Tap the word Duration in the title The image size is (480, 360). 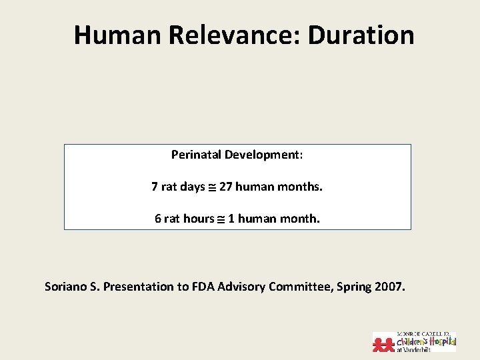pos(361,35)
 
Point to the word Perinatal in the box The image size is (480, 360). pos(196,155)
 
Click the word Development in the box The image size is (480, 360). pos(263,155)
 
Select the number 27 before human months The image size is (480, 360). pos(225,187)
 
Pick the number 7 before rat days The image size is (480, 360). pos(155,187)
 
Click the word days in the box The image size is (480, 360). pos(193,187)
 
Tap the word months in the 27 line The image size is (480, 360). pos(300,187)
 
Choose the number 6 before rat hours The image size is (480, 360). pos(158,218)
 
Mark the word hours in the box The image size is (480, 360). pos(198,218)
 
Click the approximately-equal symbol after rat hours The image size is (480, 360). pos(221,219)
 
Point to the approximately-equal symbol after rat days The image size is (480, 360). pos(212,187)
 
